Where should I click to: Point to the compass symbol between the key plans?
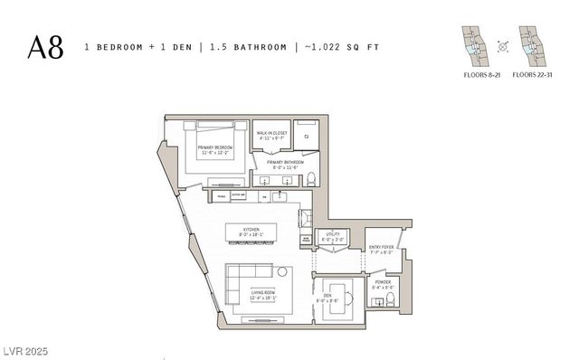500,44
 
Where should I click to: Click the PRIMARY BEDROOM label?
215,149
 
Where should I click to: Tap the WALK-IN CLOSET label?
271,136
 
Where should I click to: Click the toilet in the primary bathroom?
309,176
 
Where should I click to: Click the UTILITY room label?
332,236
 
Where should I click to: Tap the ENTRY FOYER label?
381,249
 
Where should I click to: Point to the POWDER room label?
382,284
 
